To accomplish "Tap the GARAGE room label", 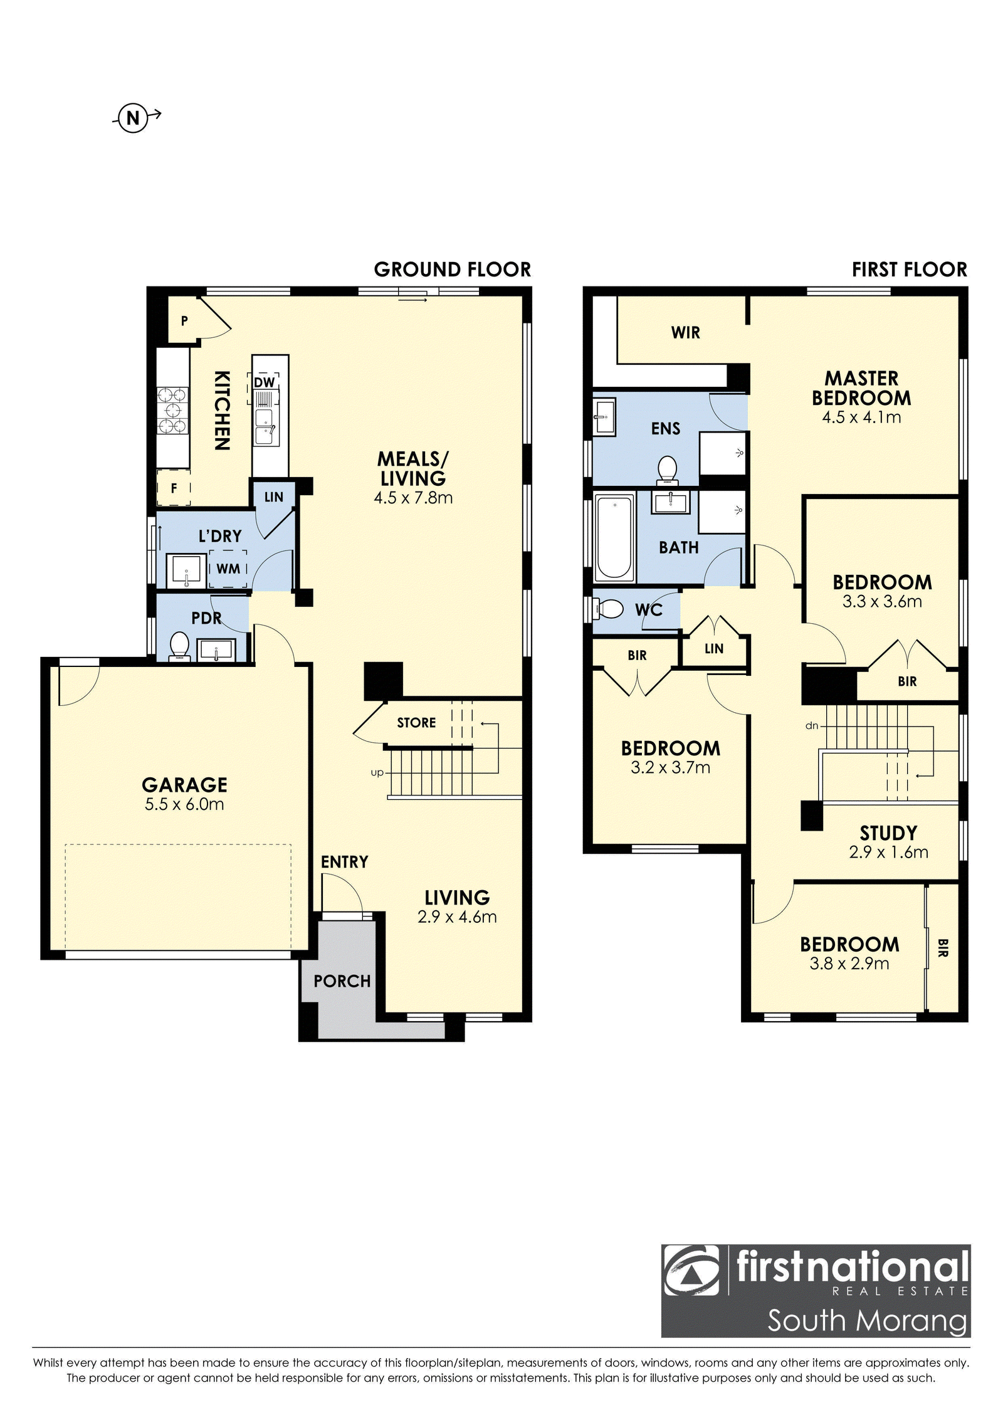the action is point(184,785).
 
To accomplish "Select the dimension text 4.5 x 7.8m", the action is point(413,498).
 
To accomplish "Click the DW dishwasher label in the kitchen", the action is point(265,382).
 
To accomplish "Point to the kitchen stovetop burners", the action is point(172,411).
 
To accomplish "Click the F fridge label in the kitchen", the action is point(174,487).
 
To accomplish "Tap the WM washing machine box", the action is point(228,569).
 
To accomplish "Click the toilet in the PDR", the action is point(180,646).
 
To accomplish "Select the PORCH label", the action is point(342,981).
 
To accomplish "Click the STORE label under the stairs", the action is point(416,723).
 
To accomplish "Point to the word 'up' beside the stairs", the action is point(377,773).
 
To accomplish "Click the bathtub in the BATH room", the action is point(614,537).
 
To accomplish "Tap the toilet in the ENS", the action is point(668,470).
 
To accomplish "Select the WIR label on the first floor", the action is point(685,333).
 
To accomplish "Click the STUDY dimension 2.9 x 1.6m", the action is point(888,852).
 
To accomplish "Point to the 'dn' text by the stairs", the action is point(812,726).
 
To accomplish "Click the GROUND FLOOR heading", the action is point(453,270).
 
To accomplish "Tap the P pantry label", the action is point(184,321).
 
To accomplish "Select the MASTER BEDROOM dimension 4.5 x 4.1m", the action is point(861,418).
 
